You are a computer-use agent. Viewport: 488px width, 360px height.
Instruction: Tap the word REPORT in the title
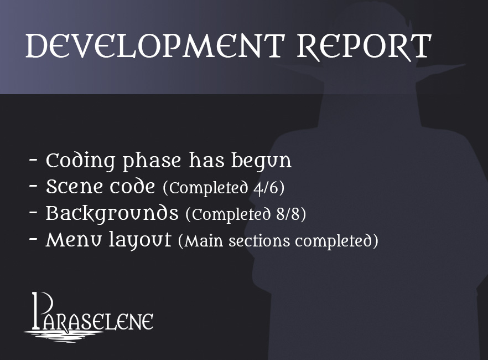pos(364,47)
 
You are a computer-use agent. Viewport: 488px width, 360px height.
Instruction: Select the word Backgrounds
pos(112,214)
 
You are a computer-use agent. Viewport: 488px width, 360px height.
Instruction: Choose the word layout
pos(144,241)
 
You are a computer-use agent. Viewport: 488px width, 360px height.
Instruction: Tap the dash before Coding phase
pos(34,162)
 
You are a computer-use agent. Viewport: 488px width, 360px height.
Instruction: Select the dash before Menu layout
pos(34,240)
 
